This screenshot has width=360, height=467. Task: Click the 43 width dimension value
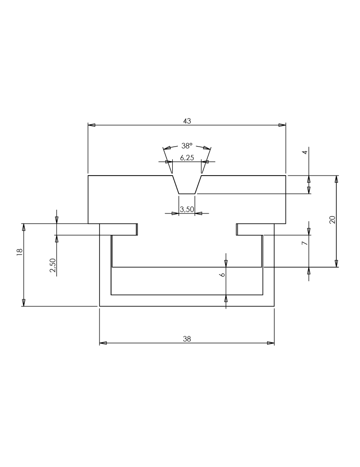coord(187,121)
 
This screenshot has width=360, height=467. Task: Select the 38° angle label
coord(187,146)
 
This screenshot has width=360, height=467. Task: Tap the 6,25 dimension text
coord(187,158)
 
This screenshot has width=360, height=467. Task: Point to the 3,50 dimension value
coord(187,209)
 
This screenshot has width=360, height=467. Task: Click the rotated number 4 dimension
coord(304,153)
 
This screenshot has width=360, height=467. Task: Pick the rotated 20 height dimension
coord(332,219)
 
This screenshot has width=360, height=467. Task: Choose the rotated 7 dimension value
coord(304,243)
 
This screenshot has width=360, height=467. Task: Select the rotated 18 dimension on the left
coord(20,251)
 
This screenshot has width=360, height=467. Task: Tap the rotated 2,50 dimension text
coord(53,265)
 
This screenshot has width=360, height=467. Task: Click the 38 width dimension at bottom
coord(187,339)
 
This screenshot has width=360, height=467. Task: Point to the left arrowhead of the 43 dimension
coord(92,125)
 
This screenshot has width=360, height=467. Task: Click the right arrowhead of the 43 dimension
coord(282,125)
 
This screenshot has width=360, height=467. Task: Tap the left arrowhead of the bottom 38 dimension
coord(103,343)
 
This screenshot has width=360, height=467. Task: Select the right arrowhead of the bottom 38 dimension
coord(270,343)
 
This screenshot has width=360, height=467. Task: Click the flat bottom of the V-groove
coord(187,194)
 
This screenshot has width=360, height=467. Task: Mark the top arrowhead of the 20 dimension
coord(337,179)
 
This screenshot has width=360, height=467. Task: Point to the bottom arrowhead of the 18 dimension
coord(23,303)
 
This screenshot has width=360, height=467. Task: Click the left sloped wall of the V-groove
coord(176,184)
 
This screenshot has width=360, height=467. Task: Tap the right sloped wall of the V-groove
coord(198,184)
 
